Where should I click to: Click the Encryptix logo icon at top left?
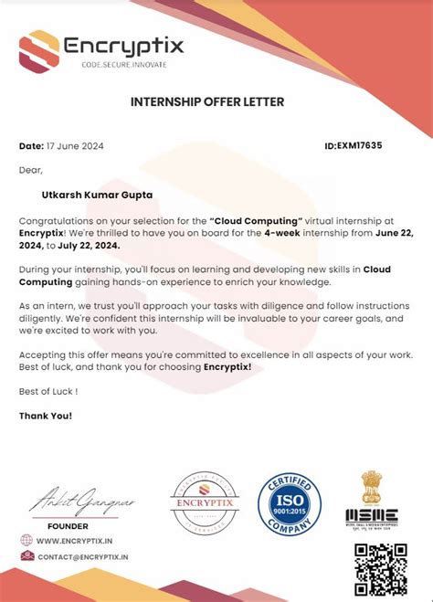pos(39,50)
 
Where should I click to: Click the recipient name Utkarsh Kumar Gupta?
pos(96,194)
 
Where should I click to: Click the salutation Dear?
pos(31,169)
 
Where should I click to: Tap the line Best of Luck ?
pos(48,391)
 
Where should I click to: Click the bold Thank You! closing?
pos(46,416)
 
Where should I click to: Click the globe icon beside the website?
pos(27,541)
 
